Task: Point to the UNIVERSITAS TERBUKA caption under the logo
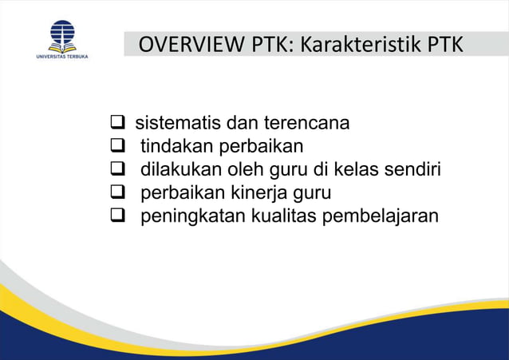(62, 57)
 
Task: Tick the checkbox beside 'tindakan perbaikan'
(116, 147)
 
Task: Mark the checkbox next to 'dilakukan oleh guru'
(116, 170)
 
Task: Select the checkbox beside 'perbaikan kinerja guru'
(116, 193)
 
